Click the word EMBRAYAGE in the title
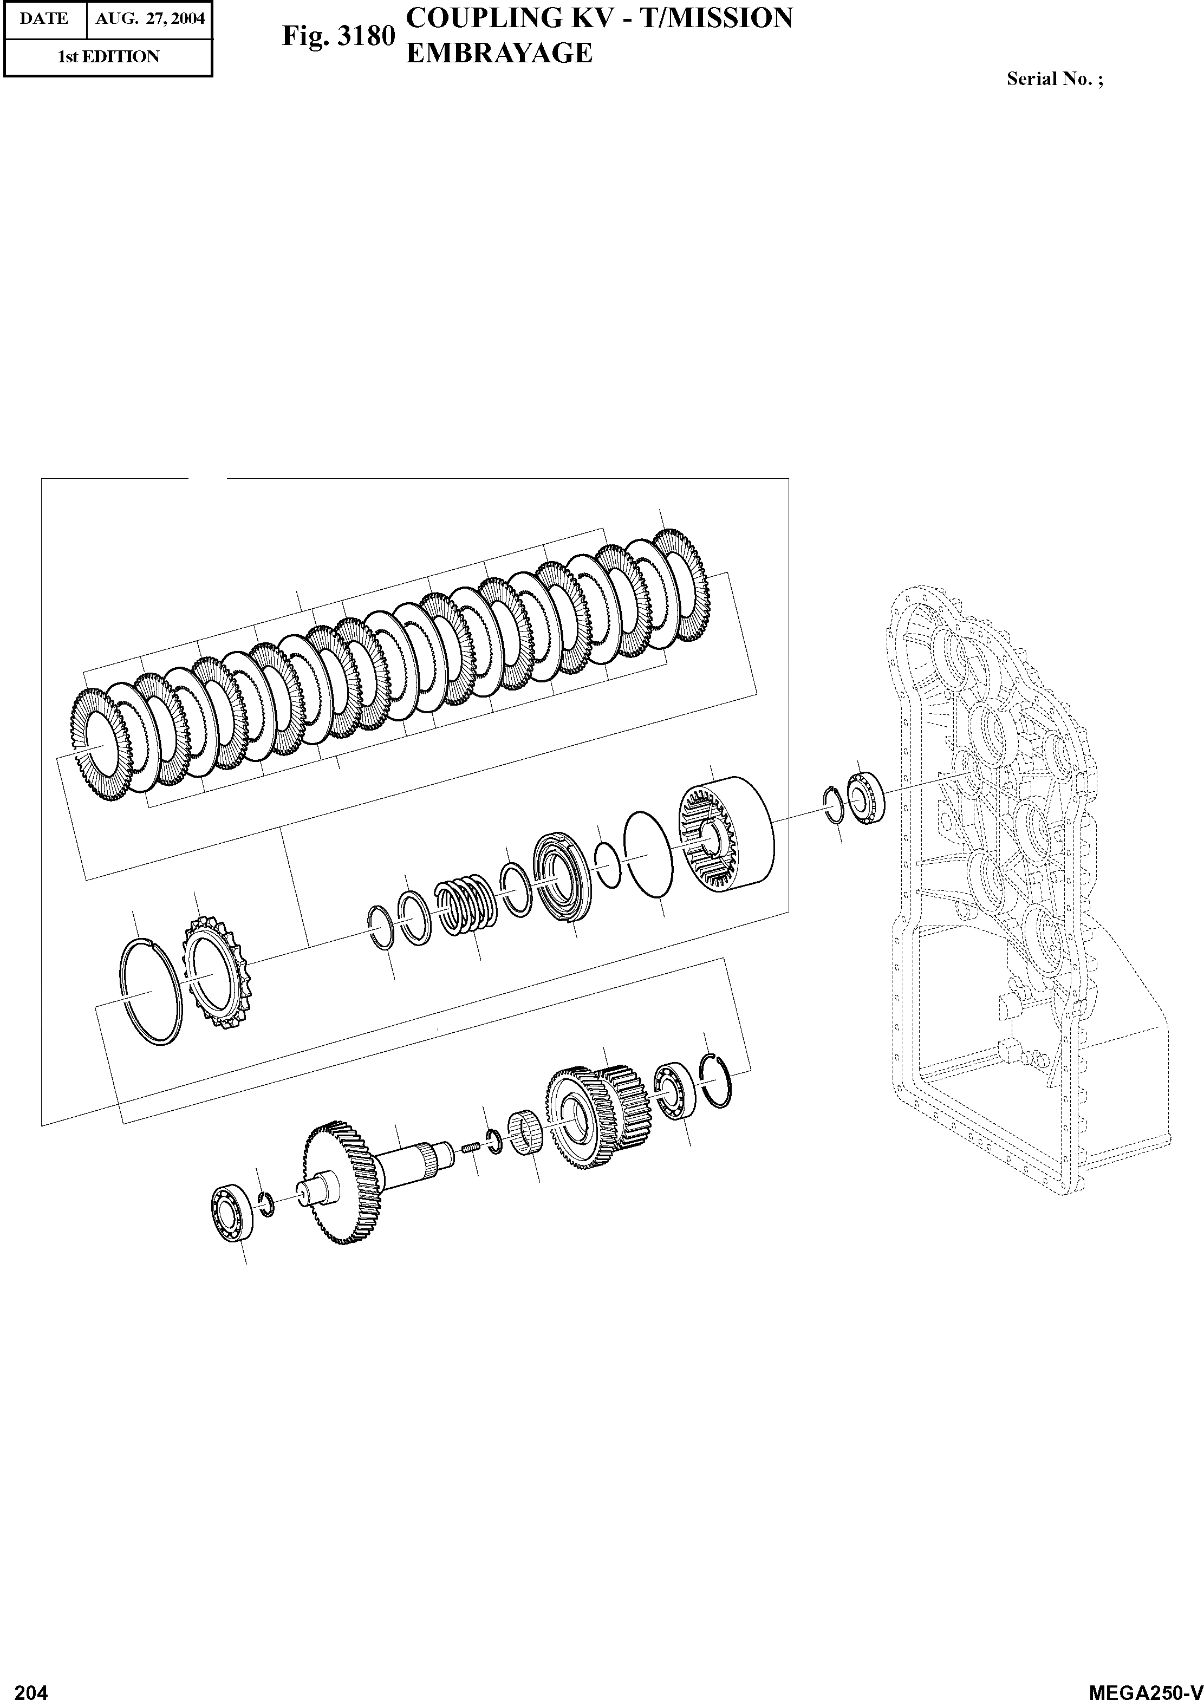(x=500, y=53)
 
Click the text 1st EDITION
(x=109, y=57)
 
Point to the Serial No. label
(x=1054, y=79)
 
